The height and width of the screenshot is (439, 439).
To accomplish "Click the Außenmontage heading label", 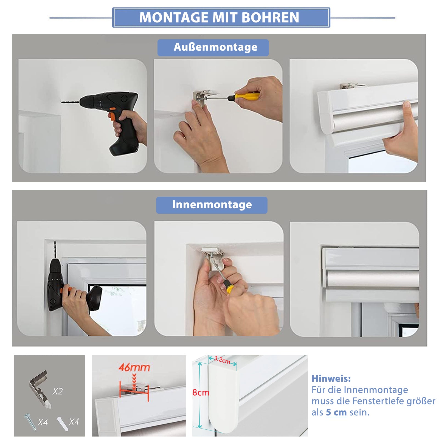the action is pyautogui.click(x=213, y=47).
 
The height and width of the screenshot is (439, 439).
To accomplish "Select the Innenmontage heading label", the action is pyautogui.click(x=212, y=205).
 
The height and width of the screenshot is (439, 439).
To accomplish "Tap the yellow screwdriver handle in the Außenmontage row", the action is pyautogui.click(x=247, y=96).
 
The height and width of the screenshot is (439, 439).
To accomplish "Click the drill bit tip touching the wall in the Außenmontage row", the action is pyautogui.click(x=61, y=102).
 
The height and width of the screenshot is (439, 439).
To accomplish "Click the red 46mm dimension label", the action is pyautogui.click(x=134, y=367).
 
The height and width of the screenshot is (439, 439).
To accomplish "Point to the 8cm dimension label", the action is pyautogui.click(x=201, y=393).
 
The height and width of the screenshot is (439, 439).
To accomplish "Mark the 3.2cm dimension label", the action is pyautogui.click(x=222, y=360).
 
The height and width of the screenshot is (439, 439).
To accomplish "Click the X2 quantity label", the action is pyautogui.click(x=58, y=391).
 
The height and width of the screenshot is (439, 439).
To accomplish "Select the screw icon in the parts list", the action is pyautogui.click(x=30, y=422).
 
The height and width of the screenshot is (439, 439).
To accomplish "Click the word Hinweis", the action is pyautogui.click(x=331, y=379).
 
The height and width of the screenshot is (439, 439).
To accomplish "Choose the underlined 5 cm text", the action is pyautogui.click(x=336, y=412).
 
